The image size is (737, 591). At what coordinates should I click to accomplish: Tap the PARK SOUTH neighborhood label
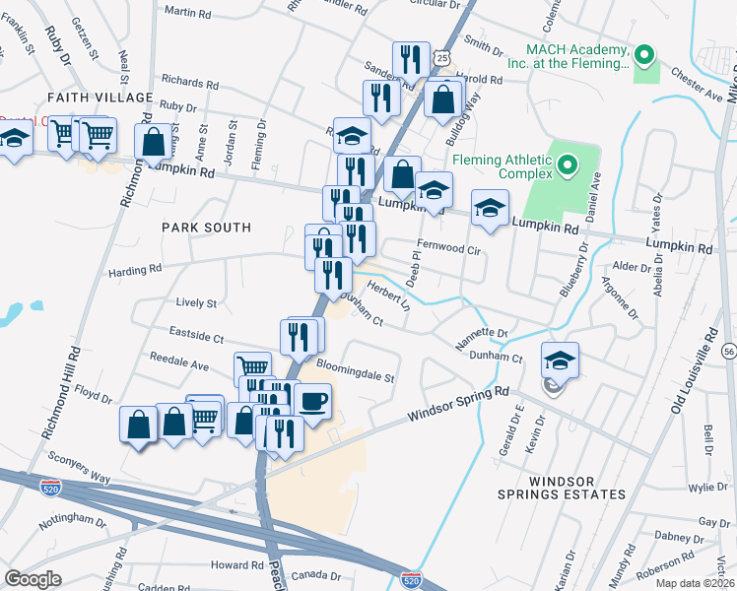click(x=207, y=228)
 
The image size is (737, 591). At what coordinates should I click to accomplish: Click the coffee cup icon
click(x=312, y=401)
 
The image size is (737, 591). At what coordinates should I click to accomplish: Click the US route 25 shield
click(x=443, y=59)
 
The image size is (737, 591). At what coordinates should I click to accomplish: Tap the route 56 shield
click(x=728, y=351)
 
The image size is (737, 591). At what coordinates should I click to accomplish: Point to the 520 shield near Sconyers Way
click(x=51, y=486)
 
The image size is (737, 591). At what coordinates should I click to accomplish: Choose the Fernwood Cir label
click(x=447, y=250)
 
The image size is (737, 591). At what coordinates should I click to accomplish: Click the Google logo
click(x=33, y=578)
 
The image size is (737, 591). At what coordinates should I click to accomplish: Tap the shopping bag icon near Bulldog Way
click(x=443, y=98)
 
